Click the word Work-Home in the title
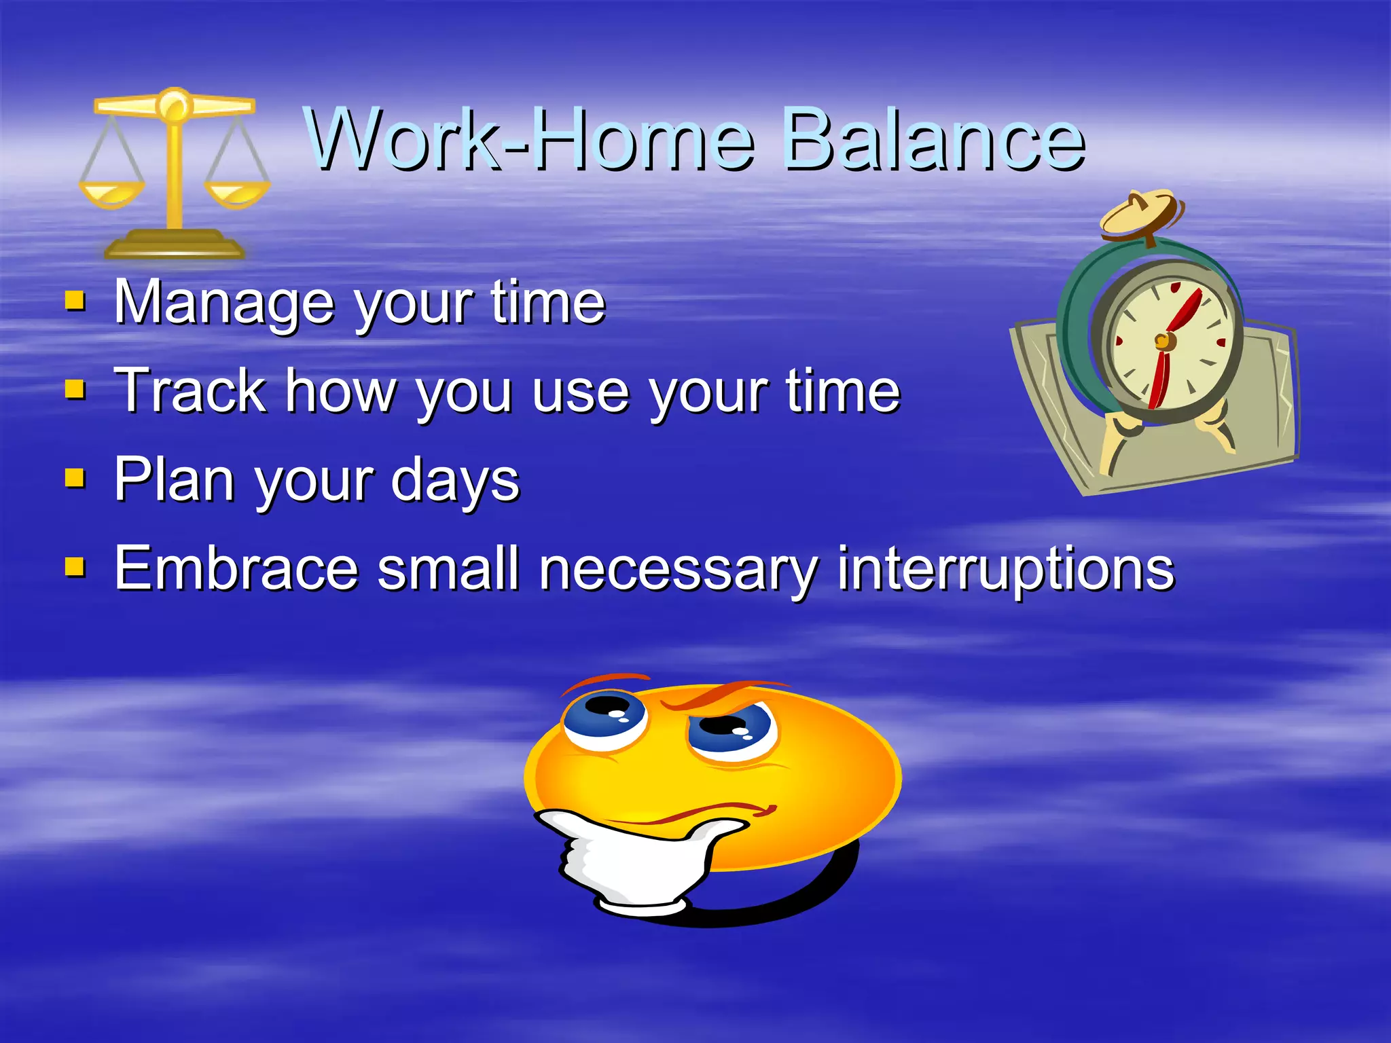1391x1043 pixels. (x=530, y=141)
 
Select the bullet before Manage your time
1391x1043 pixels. (x=75, y=301)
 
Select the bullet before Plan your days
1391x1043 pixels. (x=75, y=479)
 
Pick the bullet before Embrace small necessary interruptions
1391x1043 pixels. (x=75, y=568)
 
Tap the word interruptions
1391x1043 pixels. (x=1005, y=569)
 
